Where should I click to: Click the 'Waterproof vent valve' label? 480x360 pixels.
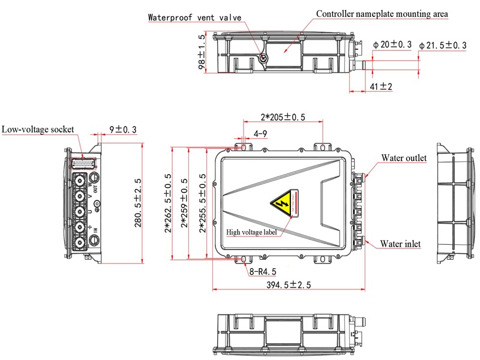194,17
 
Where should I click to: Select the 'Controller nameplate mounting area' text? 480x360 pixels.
382,13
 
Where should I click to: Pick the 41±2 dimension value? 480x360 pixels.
380,87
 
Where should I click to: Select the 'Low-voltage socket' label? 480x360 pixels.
37,129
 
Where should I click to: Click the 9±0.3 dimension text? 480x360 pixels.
122,129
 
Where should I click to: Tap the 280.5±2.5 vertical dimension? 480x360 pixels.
138,203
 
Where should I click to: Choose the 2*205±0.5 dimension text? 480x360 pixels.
283,117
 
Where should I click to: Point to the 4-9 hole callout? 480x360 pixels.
260,133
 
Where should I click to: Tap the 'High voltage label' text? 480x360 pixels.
251,232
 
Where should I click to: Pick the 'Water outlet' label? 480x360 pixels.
404,158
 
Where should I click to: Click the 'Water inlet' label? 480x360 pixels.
400,244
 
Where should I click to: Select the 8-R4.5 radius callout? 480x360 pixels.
262,271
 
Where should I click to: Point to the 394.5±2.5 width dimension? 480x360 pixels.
288,285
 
